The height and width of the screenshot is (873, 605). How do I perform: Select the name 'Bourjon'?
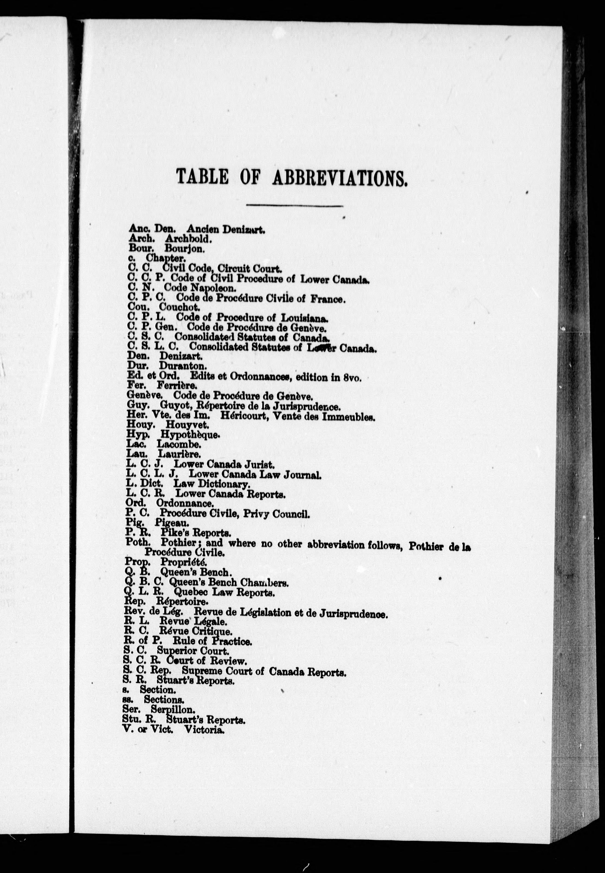[x=185, y=249]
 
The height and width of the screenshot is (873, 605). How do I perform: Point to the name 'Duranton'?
[x=183, y=366]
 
